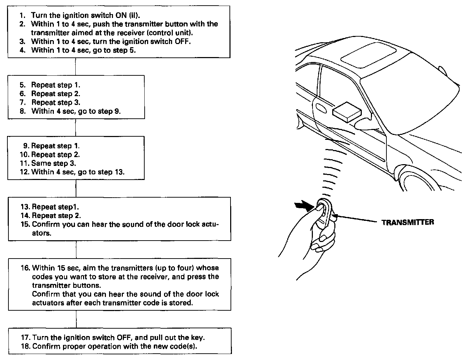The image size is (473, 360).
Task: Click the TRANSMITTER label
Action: (x=408, y=222)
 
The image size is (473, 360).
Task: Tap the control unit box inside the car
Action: (x=347, y=112)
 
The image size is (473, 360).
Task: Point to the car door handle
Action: (x=321, y=107)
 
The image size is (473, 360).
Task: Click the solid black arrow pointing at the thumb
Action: (x=304, y=206)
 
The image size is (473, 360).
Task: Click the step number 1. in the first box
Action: (x=23, y=15)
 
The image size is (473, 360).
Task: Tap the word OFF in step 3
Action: (x=182, y=41)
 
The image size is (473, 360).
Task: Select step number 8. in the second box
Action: (x=23, y=111)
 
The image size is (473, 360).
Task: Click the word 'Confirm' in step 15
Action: (x=44, y=224)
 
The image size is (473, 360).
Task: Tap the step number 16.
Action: (x=25, y=268)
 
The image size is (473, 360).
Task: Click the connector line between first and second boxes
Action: (x=75, y=67)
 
